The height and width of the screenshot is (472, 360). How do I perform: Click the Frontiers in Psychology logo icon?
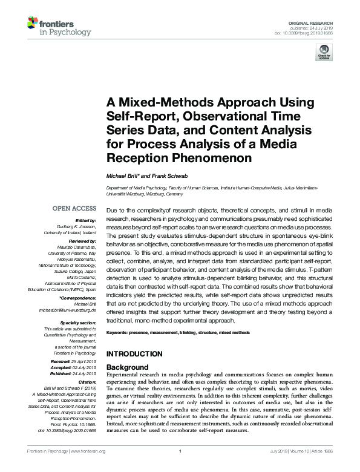[x=33, y=24]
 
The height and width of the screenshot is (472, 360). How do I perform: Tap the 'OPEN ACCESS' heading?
[x=74, y=208]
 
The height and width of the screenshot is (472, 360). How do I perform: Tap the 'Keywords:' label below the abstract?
[x=120, y=333]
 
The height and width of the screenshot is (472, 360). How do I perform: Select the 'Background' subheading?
[x=127, y=367]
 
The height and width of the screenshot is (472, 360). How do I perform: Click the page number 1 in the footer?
[x=180, y=468]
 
